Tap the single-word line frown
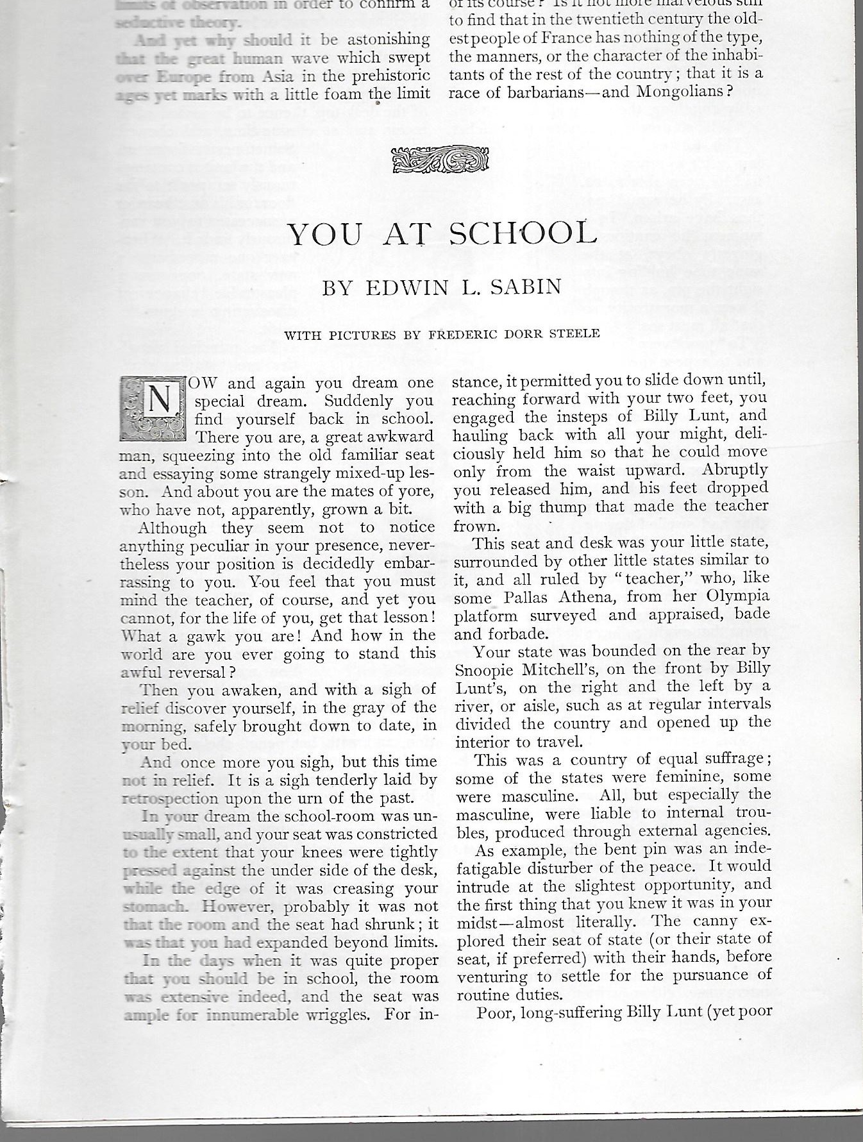(x=475, y=526)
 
